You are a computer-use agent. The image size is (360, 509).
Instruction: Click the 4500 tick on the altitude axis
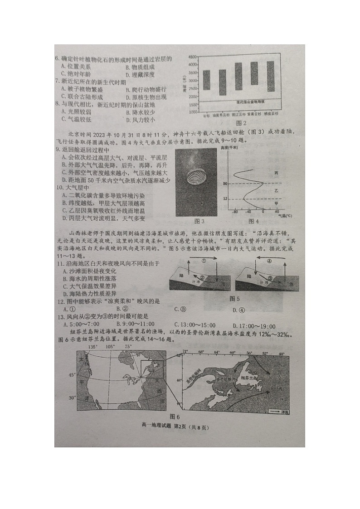pos(192,57)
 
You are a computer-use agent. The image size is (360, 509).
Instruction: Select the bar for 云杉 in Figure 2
pos(206,80)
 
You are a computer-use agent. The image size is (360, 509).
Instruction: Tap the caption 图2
pos(241,123)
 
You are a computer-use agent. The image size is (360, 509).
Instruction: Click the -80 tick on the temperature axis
pos(235,212)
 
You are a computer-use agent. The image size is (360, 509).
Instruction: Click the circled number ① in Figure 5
pos(204,261)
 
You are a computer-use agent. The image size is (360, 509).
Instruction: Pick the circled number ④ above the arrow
pos(268,261)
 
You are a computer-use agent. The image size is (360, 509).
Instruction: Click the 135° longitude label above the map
pos(93,346)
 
